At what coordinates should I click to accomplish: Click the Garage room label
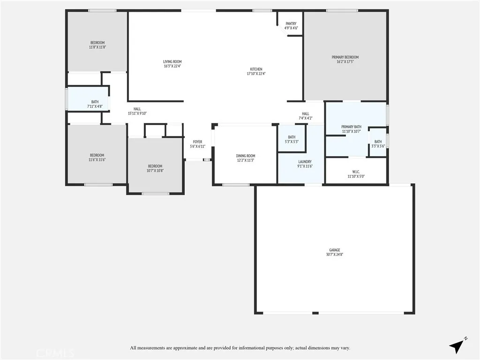point(334,252)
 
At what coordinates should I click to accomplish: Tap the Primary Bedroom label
point(345,60)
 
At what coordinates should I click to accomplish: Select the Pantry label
point(291,26)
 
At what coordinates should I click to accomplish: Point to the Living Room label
point(172,64)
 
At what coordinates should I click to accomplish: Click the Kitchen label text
point(256,71)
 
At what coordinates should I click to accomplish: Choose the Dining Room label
point(245,158)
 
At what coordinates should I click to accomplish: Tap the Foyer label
point(197,144)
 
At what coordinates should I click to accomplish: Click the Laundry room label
point(305,164)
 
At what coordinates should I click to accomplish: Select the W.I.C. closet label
point(356,174)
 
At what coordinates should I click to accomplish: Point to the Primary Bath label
point(351,129)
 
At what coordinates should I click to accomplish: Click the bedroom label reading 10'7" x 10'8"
point(155,168)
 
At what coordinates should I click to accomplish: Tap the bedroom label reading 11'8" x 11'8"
point(97,45)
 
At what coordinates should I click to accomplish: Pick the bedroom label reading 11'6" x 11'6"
point(97,157)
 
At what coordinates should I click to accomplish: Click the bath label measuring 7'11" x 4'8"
point(95,104)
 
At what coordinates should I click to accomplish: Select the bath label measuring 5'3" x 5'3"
point(292,139)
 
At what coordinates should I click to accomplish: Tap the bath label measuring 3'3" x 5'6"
point(378,144)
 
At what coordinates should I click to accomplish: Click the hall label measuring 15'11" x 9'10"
point(137,111)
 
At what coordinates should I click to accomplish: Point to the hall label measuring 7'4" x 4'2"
point(306,116)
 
